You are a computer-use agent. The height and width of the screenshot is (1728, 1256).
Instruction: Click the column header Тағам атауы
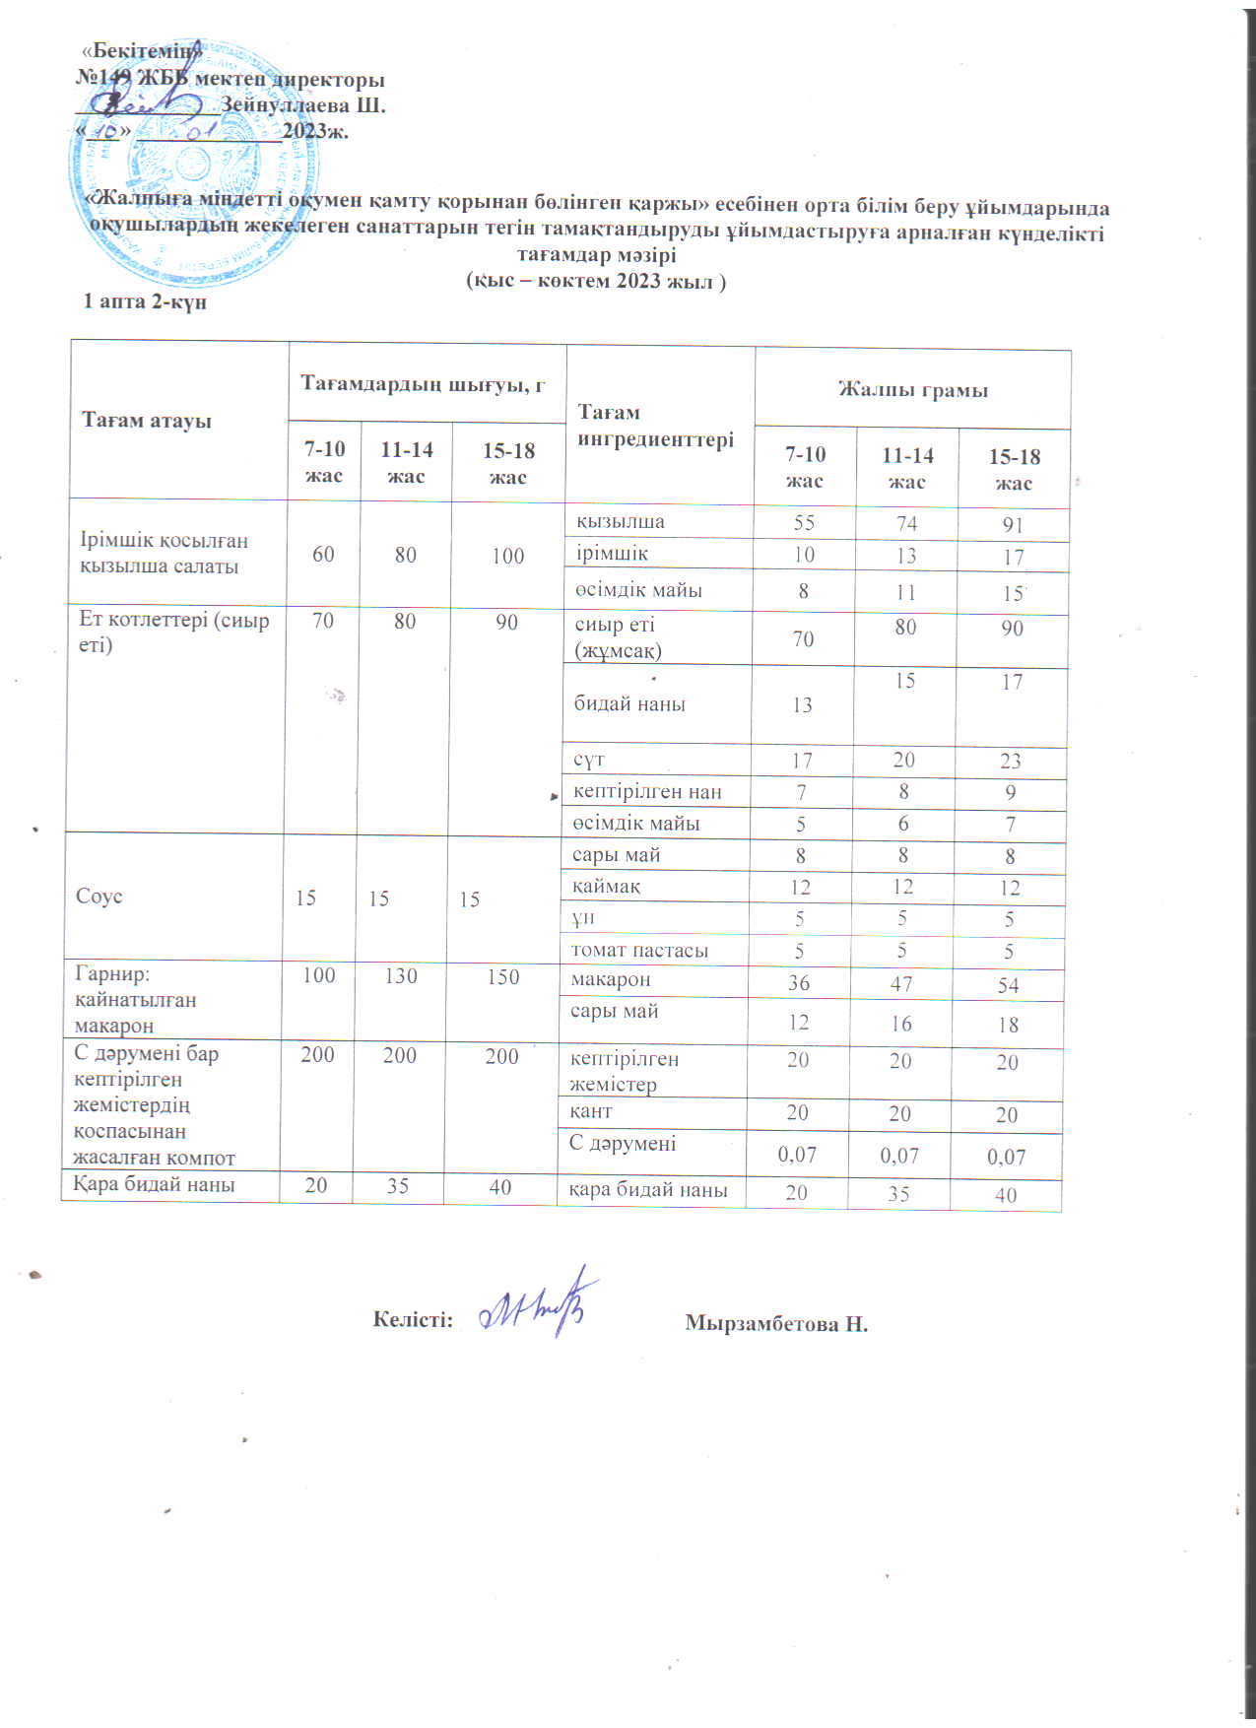(x=147, y=421)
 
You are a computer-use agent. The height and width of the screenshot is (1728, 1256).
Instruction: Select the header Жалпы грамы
(x=912, y=390)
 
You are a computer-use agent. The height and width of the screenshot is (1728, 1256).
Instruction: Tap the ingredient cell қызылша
(x=621, y=522)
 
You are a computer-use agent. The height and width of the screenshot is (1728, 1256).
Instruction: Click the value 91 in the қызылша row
(x=1013, y=525)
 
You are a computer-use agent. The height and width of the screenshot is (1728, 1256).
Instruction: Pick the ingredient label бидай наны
(x=629, y=704)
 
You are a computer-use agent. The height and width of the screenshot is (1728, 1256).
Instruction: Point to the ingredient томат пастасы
(x=639, y=951)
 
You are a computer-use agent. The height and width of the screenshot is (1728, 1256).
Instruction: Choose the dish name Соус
(x=99, y=897)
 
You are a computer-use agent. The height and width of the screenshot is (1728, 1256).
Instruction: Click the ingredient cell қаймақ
(x=607, y=887)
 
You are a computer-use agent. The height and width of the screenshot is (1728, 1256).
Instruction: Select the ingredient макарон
(x=611, y=980)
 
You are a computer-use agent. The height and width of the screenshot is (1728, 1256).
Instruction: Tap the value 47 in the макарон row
(x=901, y=983)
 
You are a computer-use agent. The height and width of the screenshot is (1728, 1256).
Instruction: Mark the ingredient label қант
(x=591, y=1111)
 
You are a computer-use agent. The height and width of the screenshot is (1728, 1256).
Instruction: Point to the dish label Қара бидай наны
(x=155, y=1185)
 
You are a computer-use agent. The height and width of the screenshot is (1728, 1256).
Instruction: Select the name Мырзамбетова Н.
(x=776, y=1323)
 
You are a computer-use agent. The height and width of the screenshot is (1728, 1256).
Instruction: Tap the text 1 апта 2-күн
(x=145, y=301)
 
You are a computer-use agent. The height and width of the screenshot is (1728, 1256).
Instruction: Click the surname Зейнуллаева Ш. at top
(x=302, y=104)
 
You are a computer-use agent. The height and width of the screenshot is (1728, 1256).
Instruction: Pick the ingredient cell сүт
(x=588, y=760)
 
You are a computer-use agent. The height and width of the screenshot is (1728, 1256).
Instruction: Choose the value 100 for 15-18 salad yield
(x=508, y=556)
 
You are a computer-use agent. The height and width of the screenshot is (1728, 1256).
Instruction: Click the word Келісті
(x=413, y=1319)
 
